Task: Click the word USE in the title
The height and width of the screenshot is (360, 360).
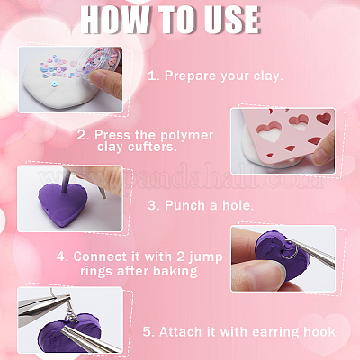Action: click(229, 20)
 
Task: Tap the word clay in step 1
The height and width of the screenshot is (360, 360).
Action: click(268, 76)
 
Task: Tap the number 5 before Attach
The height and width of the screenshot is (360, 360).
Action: click(148, 332)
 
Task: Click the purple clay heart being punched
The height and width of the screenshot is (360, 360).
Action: click(62, 204)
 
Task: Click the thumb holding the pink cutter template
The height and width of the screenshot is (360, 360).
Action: click(324, 149)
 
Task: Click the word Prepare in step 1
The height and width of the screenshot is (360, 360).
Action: click(190, 76)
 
